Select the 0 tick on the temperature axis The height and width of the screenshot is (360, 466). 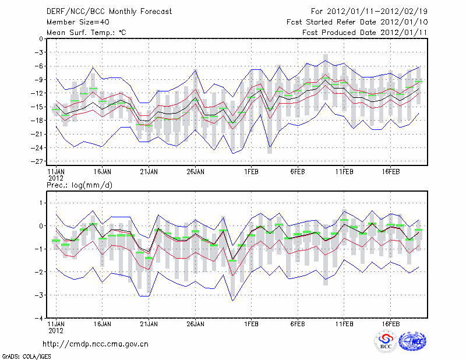tap(40, 38)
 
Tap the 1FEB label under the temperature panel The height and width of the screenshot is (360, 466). tap(251, 172)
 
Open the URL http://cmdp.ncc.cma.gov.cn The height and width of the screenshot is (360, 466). tap(96, 344)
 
